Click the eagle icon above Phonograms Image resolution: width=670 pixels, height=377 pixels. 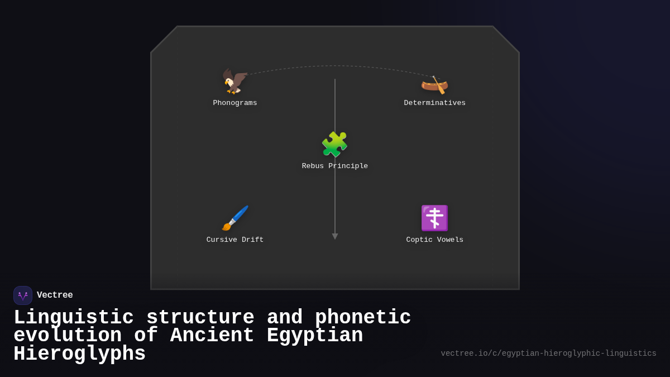[x=235, y=82]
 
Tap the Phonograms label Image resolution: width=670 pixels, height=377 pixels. [x=235, y=103]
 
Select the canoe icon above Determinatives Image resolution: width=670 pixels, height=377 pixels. [x=434, y=84]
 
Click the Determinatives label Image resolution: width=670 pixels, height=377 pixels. [x=434, y=103]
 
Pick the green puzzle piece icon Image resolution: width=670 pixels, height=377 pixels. [x=334, y=145]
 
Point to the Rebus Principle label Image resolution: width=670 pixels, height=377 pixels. [x=335, y=166]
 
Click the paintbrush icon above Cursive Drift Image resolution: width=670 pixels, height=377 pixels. [x=235, y=218]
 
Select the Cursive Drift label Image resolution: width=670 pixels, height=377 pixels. [x=235, y=240]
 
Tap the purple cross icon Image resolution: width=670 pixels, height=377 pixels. [x=434, y=218]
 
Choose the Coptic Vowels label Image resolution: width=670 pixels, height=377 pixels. [x=434, y=240]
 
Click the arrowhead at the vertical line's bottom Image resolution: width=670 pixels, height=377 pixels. [x=335, y=236]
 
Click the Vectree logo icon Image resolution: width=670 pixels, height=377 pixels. [x=23, y=295]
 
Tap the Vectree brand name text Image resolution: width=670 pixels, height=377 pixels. [x=55, y=295]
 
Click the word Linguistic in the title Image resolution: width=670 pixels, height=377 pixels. [x=74, y=318]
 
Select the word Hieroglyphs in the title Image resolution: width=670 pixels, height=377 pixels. [x=79, y=354]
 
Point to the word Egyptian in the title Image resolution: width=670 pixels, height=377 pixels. [x=315, y=336]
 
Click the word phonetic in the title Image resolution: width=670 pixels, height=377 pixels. [x=363, y=318]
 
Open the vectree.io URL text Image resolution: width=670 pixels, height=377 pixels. [x=548, y=354]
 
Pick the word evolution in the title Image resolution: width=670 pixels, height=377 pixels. [x=68, y=336]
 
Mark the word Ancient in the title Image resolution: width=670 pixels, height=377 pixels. [x=212, y=336]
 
